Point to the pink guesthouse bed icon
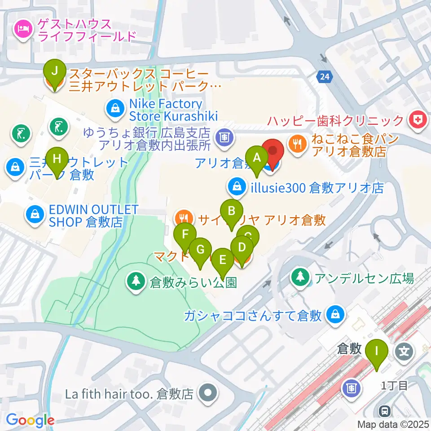tap(22, 30)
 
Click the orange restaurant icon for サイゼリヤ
tap(184, 219)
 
